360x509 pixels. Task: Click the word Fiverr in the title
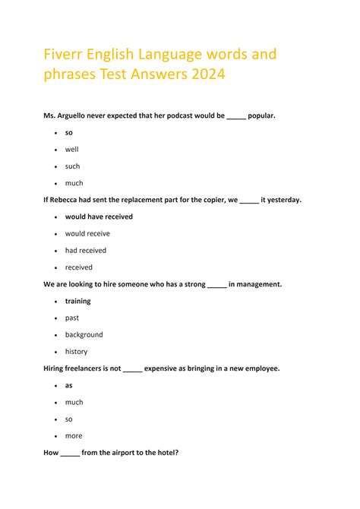pos(65,55)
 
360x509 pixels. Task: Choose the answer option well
pos(71,150)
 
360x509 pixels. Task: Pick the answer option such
pos(72,166)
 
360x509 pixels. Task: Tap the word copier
pos(212,200)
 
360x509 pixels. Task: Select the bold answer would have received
pos(99,217)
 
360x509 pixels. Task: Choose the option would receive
pos(87,234)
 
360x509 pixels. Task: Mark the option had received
pos(86,251)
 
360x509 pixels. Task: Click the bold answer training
pos(77,301)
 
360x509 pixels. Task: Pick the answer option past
pos(72,318)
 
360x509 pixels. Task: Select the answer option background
pos(84,334)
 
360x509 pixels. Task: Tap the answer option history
pos(76,352)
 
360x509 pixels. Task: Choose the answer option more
pos(74,436)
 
